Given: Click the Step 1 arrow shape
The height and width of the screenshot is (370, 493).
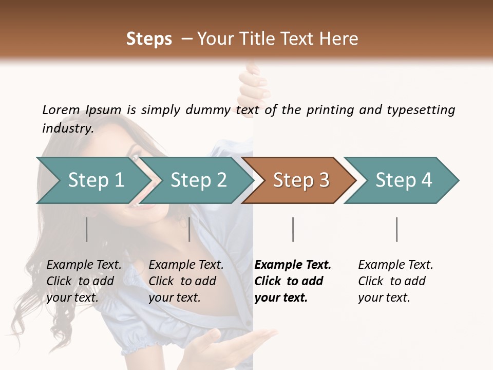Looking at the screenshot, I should coord(96,180).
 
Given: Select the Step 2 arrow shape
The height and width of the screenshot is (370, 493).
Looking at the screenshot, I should coord(198,180).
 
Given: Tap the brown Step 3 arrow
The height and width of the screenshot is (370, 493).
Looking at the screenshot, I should coord(301,180).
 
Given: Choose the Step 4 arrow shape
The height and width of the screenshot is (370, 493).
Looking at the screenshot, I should coord(404,180).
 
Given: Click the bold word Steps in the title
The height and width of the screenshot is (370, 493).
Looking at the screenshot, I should coord(149,39).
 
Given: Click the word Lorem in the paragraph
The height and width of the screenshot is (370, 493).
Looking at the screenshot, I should coord(61,109).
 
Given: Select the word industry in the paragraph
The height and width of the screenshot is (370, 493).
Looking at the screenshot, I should coord(67,128).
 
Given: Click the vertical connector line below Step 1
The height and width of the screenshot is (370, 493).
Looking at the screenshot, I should coord(87,229).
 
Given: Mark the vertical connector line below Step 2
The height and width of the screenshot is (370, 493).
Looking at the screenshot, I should coord(189,229).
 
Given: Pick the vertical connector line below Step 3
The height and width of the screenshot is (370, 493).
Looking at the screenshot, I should coord(293,229).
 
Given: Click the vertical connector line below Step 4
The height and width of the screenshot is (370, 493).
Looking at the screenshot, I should coord(397,229).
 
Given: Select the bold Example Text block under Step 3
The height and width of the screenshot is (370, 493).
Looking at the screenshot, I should coord(293,281).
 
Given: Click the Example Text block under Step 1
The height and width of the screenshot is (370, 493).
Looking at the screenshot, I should coord(84,281).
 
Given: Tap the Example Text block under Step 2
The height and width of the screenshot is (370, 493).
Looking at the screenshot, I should coord(186,281).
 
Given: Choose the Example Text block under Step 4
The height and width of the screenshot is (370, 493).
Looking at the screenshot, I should coord(395,281).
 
